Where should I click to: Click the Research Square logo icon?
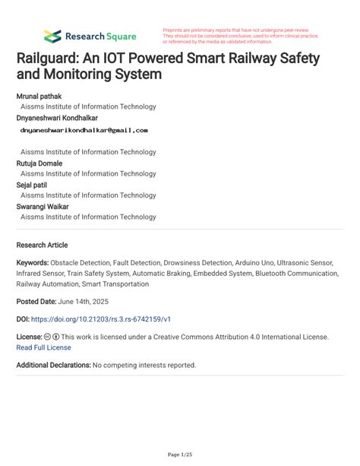coord(52,36)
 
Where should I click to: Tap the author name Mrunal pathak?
coord(39,97)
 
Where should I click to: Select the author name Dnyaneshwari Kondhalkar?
coord(56,118)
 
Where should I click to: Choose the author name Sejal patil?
coord(34,184)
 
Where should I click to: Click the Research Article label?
coord(42,246)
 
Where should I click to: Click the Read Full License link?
coord(43,347)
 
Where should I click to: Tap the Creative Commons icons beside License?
coord(52,336)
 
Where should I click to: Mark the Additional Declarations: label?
coord(53,365)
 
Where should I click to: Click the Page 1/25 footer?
coord(179,455)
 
